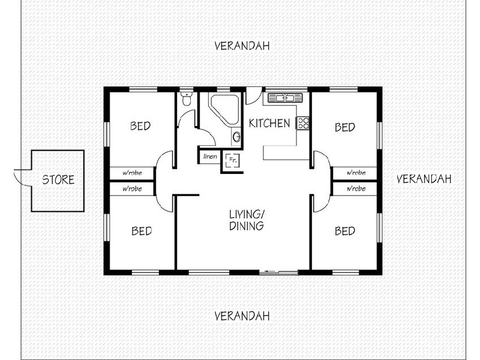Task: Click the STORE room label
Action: [x=58, y=179]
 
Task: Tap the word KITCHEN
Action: [x=269, y=124]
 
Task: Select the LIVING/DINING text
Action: [x=247, y=220]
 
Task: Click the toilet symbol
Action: [x=186, y=99]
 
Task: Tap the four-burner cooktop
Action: [x=304, y=124]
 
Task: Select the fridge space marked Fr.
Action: [x=232, y=161]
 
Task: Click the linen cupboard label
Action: [x=210, y=157]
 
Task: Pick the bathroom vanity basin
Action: [x=237, y=137]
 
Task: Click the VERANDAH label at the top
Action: [x=241, y=46]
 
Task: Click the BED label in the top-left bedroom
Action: [x=140, y=127]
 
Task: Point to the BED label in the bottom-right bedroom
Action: [x=344, y=230]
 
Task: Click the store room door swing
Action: [x=22, y=176]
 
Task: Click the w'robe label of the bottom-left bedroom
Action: [x=131, y=188]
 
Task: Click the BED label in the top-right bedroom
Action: [x=344, y=127]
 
